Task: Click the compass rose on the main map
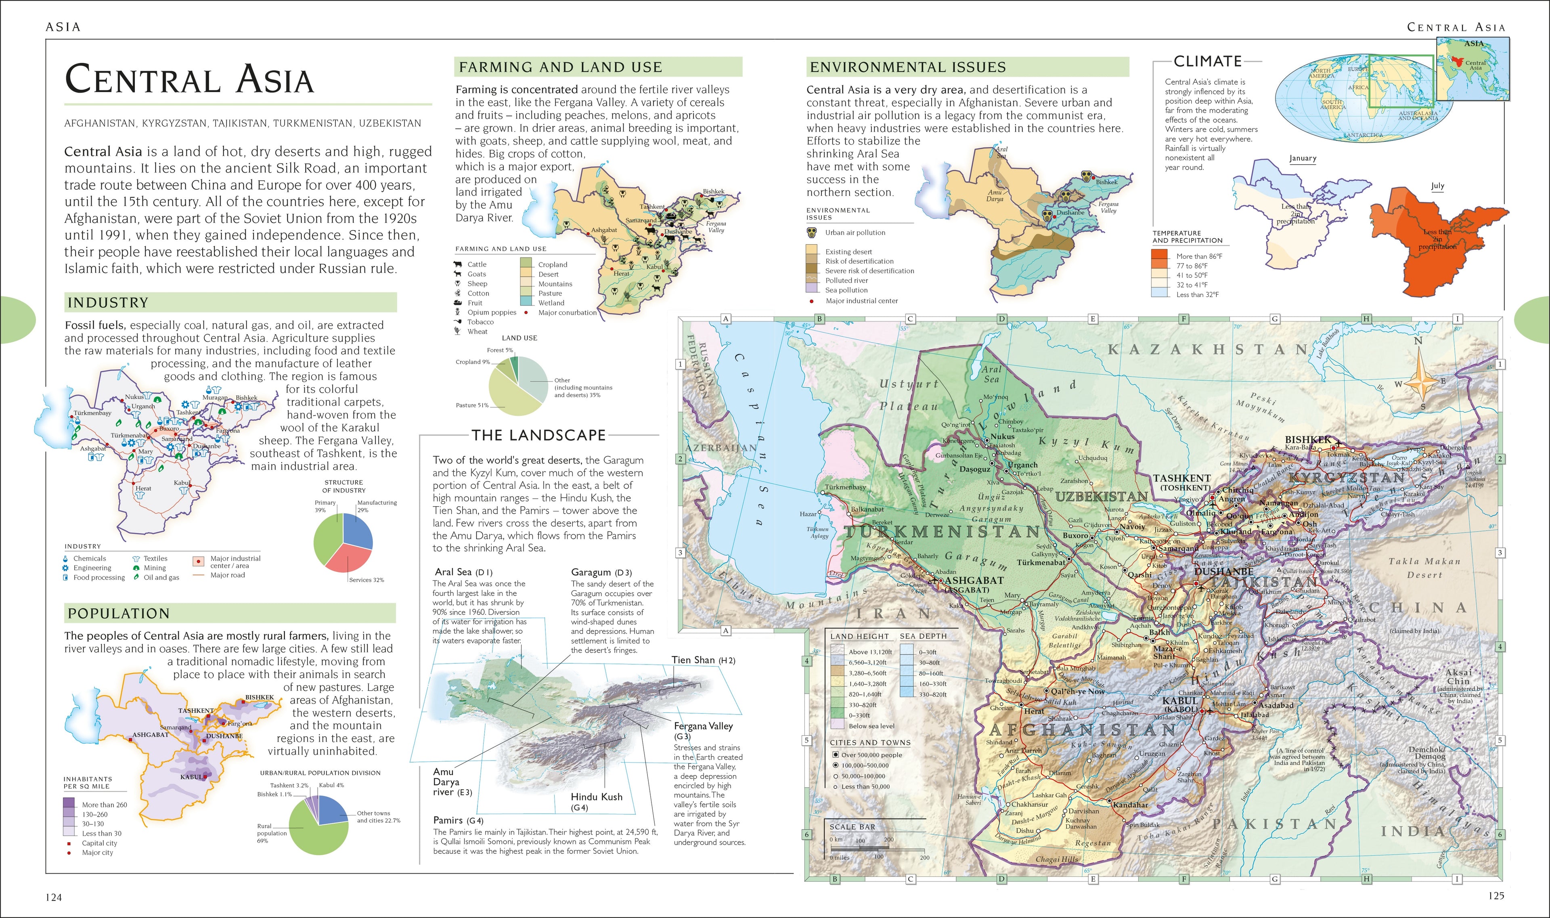coord(1420,380)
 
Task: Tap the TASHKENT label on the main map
coord(1181,478)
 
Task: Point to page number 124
coord(54,897)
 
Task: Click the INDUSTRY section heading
coord(108,302)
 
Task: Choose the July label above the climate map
coord(1437,186)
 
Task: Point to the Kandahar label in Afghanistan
coord(1131,805)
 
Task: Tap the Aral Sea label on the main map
coord(991,374)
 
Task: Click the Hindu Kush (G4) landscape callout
coord(596,801)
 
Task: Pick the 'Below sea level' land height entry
coord(871,725)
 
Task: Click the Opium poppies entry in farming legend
coord(491,312)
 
